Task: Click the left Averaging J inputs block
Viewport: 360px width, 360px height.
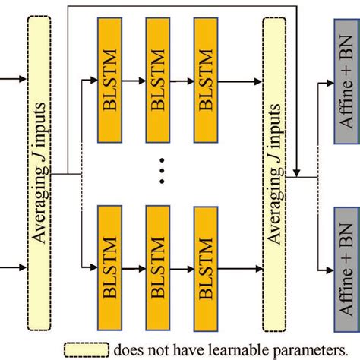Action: point(40,172)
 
